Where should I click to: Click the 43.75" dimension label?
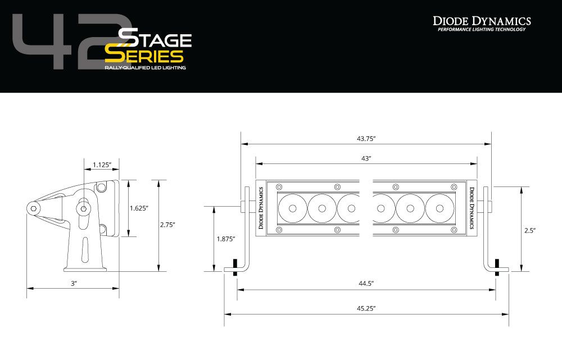tap(366, 138)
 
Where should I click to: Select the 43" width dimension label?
tap(366, 159)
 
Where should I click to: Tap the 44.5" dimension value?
tap(366, 284)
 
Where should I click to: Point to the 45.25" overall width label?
tap(366, 308)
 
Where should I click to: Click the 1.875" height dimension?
tap(226, 239)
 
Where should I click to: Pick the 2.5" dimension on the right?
tap(530, 230)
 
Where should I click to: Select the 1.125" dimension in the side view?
tap(102, 165)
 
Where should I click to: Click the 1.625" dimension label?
tap(139, 208)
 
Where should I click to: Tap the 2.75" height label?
tap(167, 225)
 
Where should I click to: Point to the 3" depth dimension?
tap(73, 284)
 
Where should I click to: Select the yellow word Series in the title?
tap(144, 56)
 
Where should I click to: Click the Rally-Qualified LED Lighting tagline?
tap(145, 67)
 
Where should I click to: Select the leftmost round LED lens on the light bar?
tap(292, 208)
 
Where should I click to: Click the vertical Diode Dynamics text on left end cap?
tap(261, 208)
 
